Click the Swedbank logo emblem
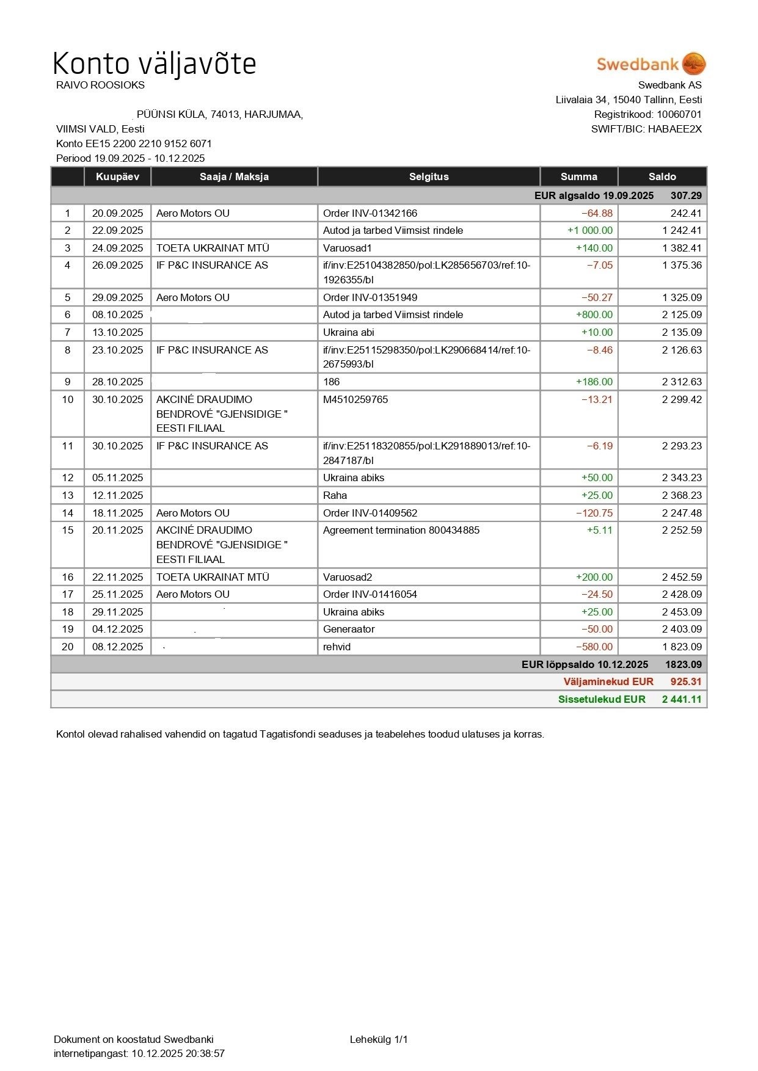693,64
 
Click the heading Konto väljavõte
154,64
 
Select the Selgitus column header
429,176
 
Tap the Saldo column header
662,176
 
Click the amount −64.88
597,213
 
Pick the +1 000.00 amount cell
589,230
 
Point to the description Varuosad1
347,248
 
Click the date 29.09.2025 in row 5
117,297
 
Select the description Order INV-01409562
370,513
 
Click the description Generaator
349,629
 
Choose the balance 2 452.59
682,577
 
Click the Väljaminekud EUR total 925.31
686,681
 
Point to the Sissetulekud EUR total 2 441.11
682,699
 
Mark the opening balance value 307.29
686,195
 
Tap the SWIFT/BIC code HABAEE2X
674,129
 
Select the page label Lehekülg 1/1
379,1039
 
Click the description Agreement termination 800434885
401,530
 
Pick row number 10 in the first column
67,399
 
